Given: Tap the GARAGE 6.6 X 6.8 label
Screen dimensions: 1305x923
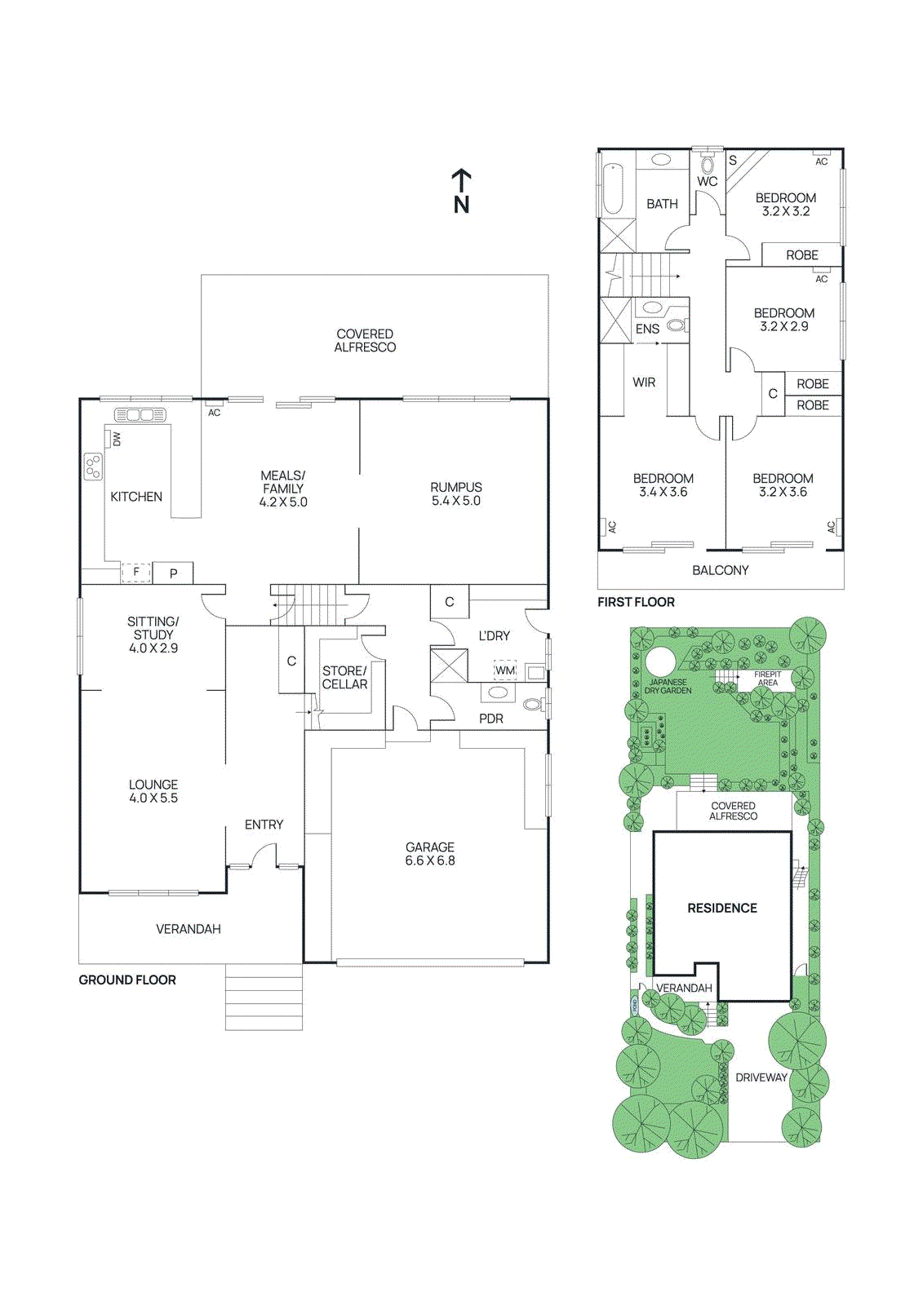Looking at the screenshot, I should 430,854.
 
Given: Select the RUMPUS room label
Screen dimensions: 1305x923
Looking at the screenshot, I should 456,493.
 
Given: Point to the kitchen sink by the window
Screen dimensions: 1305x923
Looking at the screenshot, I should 140,415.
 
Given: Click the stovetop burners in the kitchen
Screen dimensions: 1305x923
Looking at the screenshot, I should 93,467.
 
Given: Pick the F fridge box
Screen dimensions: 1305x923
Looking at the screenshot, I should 135,573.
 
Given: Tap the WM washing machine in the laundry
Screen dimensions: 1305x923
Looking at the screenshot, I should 505,670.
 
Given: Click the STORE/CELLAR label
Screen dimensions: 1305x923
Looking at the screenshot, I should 344,678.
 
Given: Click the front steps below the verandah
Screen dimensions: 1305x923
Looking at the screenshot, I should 264,997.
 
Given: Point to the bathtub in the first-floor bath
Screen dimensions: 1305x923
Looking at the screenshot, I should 613,190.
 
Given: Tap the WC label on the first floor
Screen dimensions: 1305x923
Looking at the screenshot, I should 707,181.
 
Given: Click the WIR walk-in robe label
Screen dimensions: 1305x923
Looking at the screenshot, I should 644,382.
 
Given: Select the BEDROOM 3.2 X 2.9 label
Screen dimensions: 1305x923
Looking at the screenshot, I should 783,319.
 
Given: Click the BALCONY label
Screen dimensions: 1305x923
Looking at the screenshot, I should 720,570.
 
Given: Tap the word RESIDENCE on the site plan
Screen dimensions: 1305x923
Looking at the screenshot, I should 721,908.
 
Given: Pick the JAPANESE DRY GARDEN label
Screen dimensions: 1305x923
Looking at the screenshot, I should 668,687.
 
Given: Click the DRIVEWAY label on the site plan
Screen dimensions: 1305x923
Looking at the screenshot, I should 761,1077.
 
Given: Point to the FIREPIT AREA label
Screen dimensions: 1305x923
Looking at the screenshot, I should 767,679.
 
